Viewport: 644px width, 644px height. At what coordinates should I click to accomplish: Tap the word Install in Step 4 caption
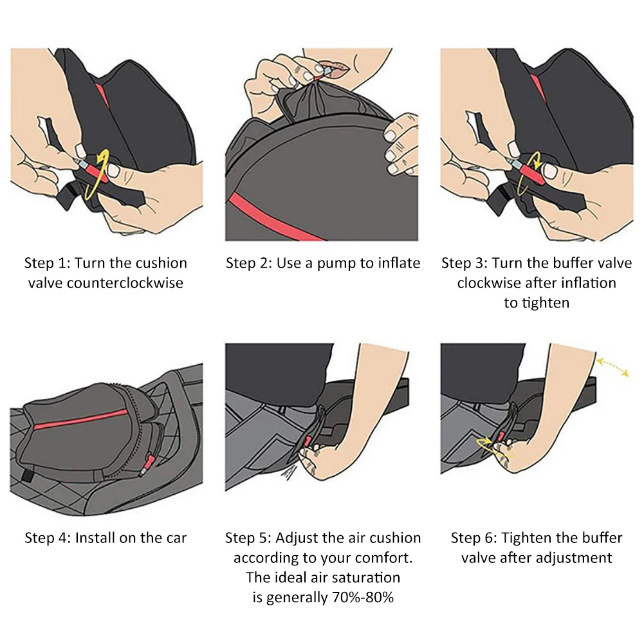pos(98,538)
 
